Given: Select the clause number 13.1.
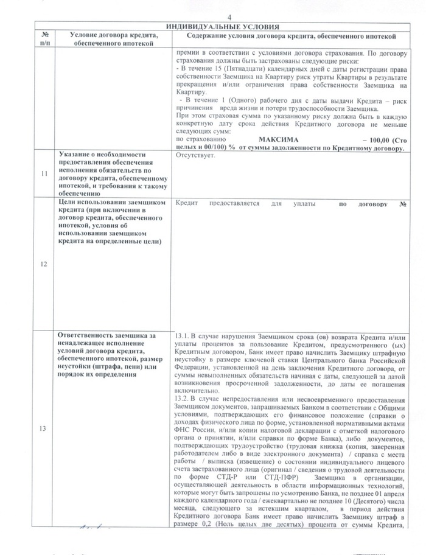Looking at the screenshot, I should click(183, 336).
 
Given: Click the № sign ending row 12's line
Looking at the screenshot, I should click(402, 204).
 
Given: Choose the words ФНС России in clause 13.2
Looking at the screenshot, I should click(195, 429).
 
